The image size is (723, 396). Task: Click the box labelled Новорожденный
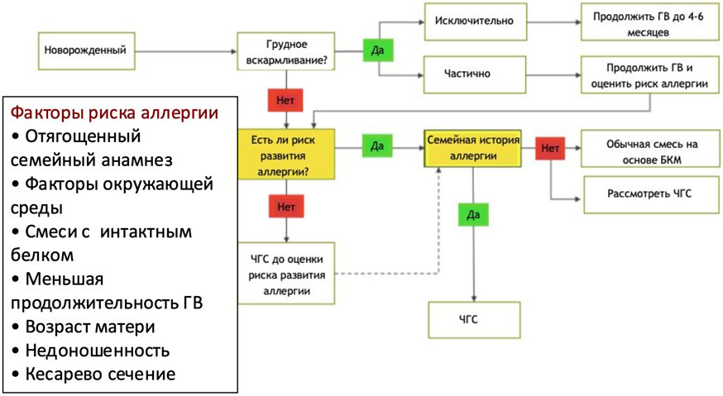tap(86, 50)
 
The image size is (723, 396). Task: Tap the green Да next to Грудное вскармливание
tap(377, 50)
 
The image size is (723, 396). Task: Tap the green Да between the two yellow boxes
tap(377, 146)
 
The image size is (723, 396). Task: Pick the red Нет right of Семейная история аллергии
tap(549, 147)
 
